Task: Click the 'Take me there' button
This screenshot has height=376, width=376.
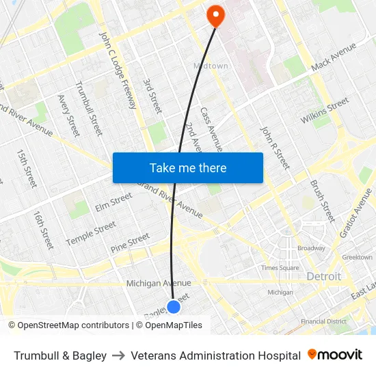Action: (188, 167)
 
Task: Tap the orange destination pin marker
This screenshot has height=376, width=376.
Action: (215, 15)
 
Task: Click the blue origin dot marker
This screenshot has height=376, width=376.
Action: (174, 306)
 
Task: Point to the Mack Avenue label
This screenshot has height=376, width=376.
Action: (334, 57)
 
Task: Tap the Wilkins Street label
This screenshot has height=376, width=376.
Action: (325, 111)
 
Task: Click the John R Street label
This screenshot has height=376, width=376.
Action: (275, 147)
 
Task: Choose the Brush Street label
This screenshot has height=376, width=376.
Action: (322, 201)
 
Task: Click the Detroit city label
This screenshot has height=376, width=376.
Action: (323, 276)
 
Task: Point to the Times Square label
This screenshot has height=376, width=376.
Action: (280, 268)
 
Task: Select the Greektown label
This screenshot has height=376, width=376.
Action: (357, 258)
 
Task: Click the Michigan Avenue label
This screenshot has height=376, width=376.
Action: (159, 283)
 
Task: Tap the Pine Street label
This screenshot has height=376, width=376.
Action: (130, 243)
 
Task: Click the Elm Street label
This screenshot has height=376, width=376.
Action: (113, 202)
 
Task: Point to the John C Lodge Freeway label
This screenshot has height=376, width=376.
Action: (118, 69)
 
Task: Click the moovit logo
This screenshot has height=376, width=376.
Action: (334, 355)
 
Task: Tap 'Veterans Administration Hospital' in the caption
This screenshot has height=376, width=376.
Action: (215, 355)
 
